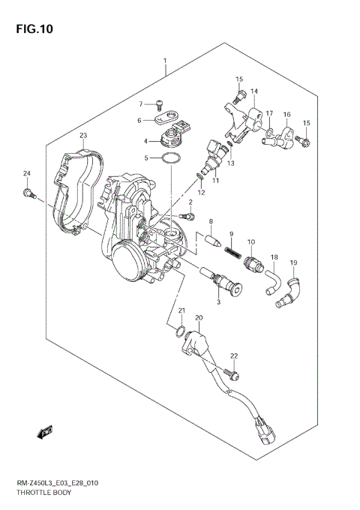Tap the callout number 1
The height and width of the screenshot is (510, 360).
click(165, 59)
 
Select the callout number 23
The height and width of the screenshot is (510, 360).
click(84, 135)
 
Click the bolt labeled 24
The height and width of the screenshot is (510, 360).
click(29, 193)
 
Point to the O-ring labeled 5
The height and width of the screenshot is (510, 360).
click(172, 159)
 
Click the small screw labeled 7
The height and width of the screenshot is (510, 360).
click(159, 105)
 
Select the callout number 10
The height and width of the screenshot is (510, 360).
click(251, 241)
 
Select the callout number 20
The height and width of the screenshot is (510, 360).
click(199, 318)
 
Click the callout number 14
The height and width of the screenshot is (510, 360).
click(253, 91)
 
